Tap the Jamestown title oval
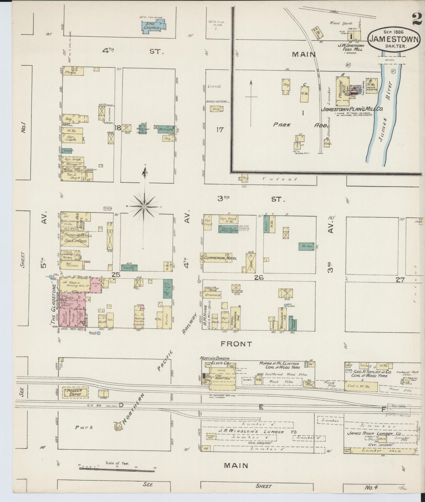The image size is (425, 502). pos(394,38)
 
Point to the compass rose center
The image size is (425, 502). pos(144,207)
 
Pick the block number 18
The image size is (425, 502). pos(118,127)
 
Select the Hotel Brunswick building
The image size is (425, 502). pos(236,318)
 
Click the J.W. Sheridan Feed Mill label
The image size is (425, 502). pos(350,48)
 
